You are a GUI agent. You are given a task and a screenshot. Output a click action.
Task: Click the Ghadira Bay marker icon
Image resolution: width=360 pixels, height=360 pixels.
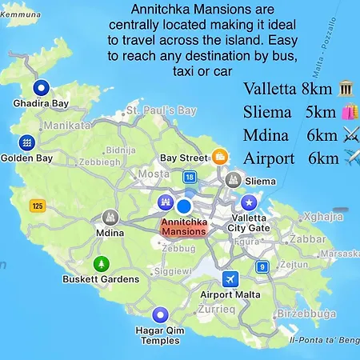[x=41, y=88]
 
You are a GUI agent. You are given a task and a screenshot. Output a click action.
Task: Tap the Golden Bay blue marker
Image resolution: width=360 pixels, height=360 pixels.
[x=28, y=142]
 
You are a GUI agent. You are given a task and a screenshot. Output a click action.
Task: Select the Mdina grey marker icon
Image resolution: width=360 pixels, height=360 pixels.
[x=110, y=217]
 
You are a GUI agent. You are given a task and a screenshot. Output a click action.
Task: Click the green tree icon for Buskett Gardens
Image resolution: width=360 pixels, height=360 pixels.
[x=101, y=263]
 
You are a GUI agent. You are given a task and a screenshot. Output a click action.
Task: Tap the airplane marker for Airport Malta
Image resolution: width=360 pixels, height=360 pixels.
[x=231, y=278]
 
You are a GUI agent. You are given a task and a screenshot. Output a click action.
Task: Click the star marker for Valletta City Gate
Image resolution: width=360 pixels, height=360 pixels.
[x=250, y=201]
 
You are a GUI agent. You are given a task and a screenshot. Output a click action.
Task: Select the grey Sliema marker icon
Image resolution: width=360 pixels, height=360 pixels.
[x=234, y=179]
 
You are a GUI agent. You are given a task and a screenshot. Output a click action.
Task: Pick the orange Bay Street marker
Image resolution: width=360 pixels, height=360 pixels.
[x=219, y=156]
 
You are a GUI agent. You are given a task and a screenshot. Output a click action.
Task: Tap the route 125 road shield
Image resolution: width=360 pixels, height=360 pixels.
[x=37, y=206]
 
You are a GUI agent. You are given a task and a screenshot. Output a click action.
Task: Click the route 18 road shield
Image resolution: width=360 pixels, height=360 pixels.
[x=189, y=177]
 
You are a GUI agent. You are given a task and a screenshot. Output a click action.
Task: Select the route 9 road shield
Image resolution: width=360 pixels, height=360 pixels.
[x=261, y=266]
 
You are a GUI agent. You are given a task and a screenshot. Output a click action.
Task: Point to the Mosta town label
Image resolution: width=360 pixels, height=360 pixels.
[x=154, y=173]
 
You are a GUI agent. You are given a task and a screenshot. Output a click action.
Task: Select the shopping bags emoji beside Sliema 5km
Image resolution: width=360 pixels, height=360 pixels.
[x=349, y=111]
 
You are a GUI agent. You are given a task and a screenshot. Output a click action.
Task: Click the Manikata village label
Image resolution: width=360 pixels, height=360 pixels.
[x=67, y=126]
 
